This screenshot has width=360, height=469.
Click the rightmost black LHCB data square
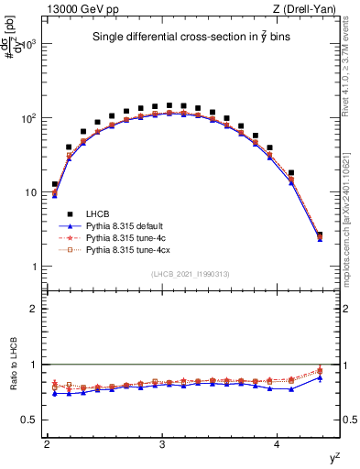point(320,235)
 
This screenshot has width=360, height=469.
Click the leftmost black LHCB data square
point(55,184)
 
